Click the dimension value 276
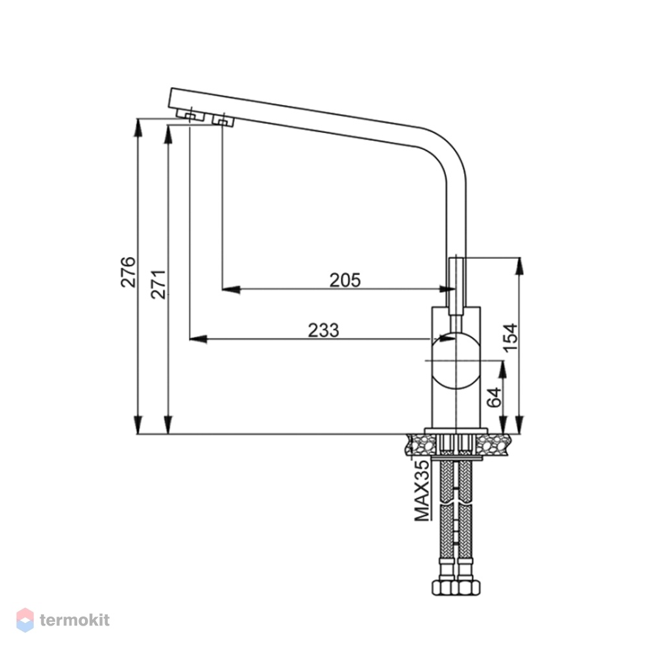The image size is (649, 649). tap(128, 272)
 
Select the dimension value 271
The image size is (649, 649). tap(158, 284)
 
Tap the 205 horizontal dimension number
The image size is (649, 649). tap(345, 280)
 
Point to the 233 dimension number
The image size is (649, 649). tap(324, 330)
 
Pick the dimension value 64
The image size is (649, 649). tap(494, 398)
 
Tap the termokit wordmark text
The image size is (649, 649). tap(75, 620)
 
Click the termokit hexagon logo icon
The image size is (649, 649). tap(25, 620)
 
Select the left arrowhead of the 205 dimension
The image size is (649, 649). tap(231, 289)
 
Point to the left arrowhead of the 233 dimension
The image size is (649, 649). tap(198, 339)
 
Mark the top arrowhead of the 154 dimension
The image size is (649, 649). tap(520, 266)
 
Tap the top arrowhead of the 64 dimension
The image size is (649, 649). tap(503, 369)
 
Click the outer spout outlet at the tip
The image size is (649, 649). tap(190, 115)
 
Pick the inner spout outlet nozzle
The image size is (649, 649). tap(223, 121)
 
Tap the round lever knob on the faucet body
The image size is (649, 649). tap(456, 360)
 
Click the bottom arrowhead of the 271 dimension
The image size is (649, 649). tap(168, 425)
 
